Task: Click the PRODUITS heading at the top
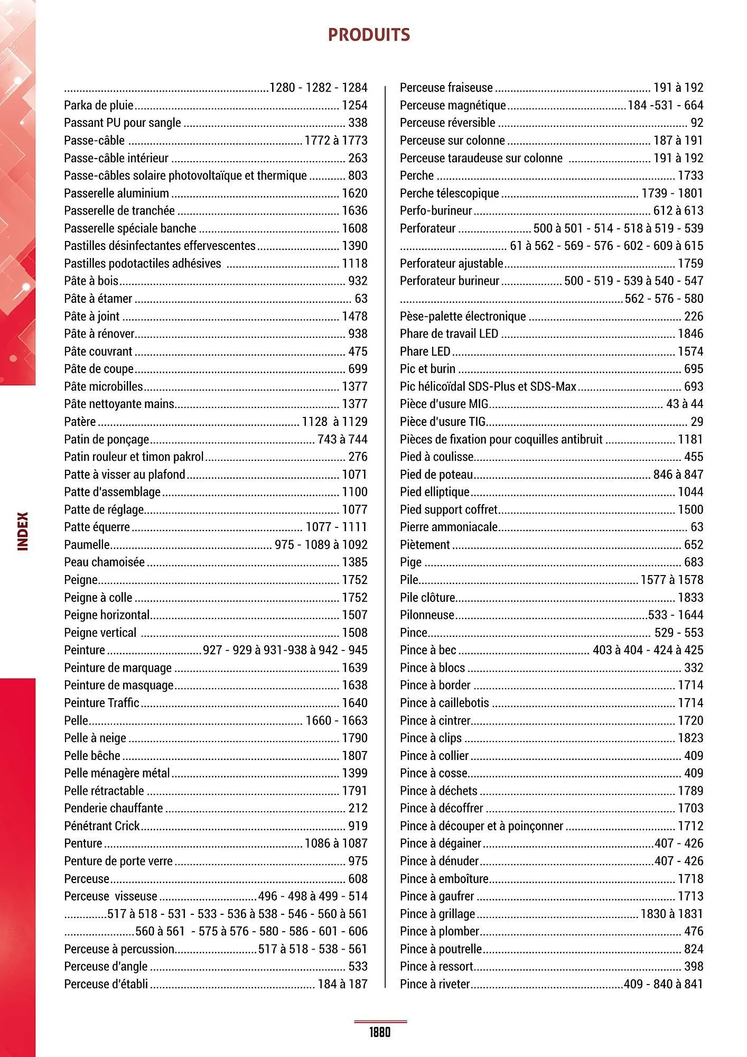[x=369, y=35]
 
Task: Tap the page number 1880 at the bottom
[x=380, y=1032]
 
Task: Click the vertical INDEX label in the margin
[x=23, y=531]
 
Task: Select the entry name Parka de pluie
[x=98, y=105]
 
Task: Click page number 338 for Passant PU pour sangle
[x=358, y=123]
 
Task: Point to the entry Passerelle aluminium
[x=116, y=193]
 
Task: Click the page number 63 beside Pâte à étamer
[x=361, y=299]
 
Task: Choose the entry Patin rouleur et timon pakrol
[x=134, y=457]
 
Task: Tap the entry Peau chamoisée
[x=104, y=562]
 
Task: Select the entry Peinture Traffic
[x=101, y=703]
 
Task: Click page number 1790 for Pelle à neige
[x=354, y=738]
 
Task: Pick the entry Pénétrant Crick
[x=101, y=826]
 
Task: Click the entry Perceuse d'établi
[x=106, y=984]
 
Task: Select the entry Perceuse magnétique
[x=453, y=105]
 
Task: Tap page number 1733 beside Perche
[x=690, y=175]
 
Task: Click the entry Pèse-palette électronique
[x=463, y=316]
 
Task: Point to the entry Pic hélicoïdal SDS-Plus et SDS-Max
[x=488, y=386]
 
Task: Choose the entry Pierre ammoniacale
[x=449, y=527]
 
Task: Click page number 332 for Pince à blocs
[x=694, y=667]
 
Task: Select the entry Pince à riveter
[x=435, y=984]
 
